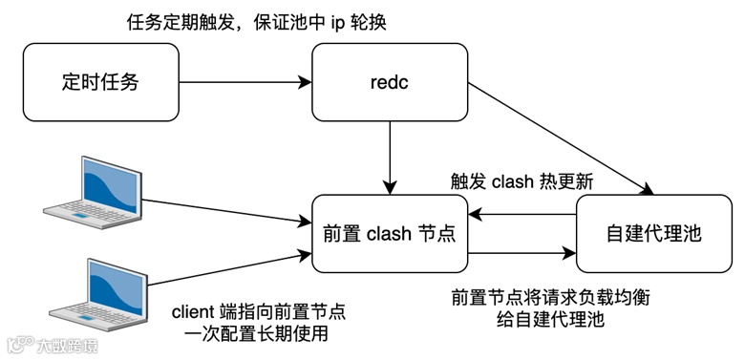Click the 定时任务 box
tap(100, 82)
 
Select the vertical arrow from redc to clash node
tap(390, 153)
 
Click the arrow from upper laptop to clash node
tap(229, 210)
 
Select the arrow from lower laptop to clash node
tap(229, 272)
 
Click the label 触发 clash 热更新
tap(521, 181)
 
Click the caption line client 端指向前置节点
tap(258, 311)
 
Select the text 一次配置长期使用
tap(258, 333)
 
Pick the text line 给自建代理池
tap(551, 320)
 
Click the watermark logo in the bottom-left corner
tap(19, 343)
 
